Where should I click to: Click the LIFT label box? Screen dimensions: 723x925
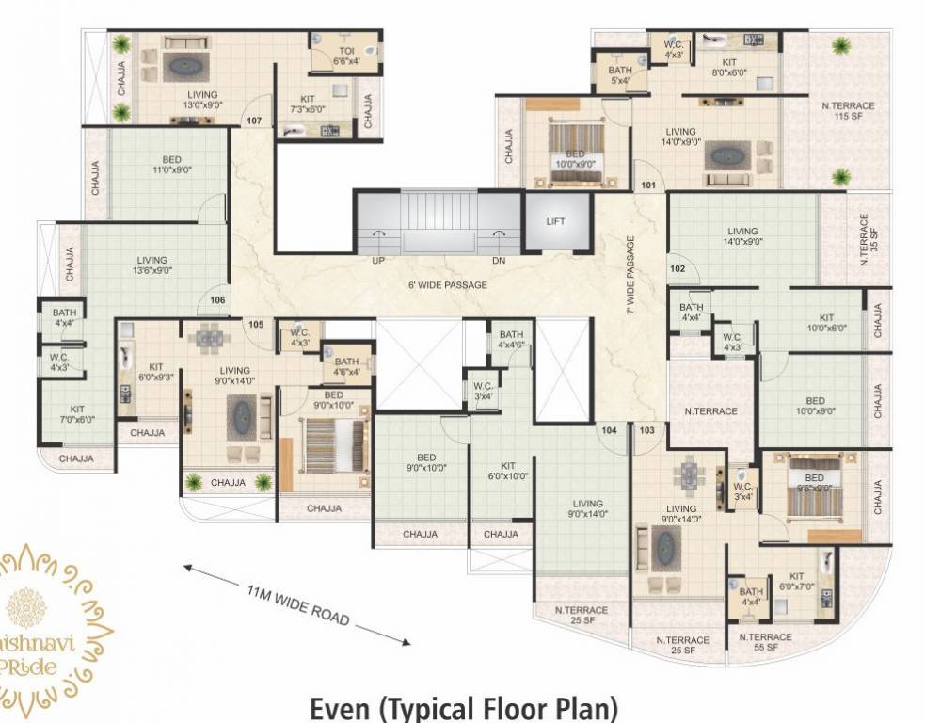pos(556,221)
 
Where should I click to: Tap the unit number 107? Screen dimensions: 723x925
pos(253,121)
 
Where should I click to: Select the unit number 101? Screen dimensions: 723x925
pos(648,185)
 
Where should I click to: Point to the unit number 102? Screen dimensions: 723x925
pos(678,267)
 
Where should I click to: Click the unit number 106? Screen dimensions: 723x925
pos(217,300)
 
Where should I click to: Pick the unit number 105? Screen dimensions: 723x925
pos(254,325)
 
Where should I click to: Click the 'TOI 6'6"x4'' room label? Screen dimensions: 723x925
pos(346,56)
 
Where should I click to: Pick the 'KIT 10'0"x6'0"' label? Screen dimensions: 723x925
pos(826,323)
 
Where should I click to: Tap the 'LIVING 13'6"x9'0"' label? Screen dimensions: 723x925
pos(152,265)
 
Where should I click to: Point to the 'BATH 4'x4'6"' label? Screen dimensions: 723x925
pos(511,340)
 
